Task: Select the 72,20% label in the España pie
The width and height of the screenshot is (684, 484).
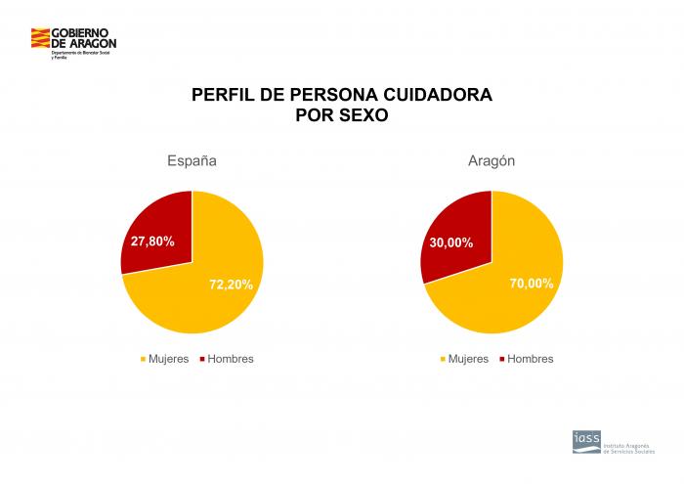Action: [231, 285]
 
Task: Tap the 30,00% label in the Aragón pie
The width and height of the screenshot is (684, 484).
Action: [450, 242]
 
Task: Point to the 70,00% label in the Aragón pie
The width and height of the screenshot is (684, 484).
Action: [531, 284]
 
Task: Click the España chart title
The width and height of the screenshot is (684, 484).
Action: [192, 160]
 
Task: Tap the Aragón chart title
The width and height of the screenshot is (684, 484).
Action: [492, 160]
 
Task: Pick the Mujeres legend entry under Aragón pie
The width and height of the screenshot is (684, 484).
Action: [466, 359]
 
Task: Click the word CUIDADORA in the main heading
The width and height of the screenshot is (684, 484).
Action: [434, 96]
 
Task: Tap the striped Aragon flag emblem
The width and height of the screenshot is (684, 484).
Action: [40, 40]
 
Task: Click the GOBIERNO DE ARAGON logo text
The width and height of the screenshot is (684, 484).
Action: [83, 38]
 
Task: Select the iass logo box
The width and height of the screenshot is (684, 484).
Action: [586, 442]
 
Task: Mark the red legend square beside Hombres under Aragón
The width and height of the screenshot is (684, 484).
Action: [502, 359]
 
